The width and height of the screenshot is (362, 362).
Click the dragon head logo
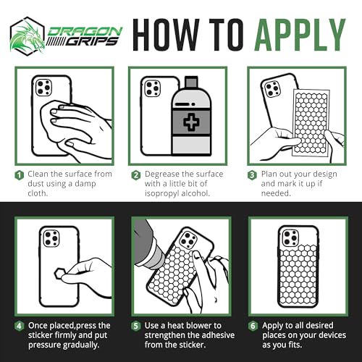point(28,36)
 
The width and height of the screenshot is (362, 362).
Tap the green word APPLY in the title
point(300,35)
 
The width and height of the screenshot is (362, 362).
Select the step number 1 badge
point(20,175)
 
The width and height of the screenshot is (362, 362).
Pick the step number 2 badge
point(136,175)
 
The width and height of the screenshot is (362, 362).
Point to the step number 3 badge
point(252,175)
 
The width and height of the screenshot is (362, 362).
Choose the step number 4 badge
point(20,326)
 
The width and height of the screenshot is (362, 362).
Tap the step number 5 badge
point(136,326)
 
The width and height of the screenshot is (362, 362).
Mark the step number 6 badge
point(253,326)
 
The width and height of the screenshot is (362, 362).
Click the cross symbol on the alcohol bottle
point(191,122)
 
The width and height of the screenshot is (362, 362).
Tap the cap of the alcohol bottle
point(191,82)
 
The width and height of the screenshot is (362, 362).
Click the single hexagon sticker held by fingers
point(59,274)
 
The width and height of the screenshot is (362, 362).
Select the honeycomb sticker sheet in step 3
point(311,122)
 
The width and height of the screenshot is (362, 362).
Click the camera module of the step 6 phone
point(290,237)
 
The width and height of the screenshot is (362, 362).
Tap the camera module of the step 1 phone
point(43,88)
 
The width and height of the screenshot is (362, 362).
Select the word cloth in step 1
point(38,193)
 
